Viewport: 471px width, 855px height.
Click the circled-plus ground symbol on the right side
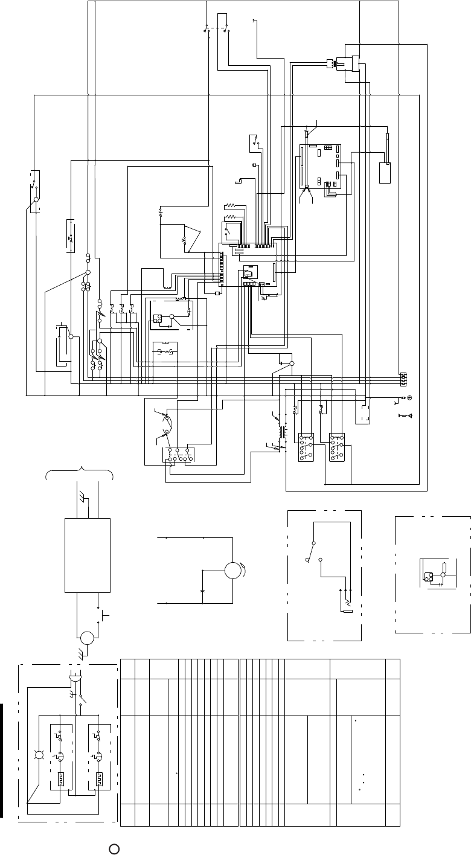(x=409, y=398)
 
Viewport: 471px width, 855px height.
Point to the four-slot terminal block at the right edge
(x=403, y=379)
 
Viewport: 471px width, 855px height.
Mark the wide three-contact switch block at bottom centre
(x=180, y=455)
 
